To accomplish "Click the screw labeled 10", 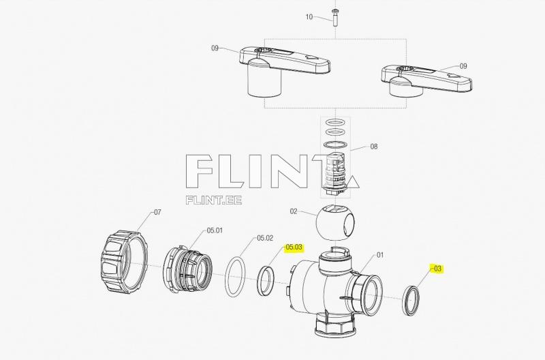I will pyautogui.click(x=334, y=17).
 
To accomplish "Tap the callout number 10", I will pyautogui.click(x=309, y=17).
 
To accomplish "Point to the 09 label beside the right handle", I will pyautogui.click(x=463, y=66).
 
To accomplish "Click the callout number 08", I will pyautogui.click(x=373, y=147).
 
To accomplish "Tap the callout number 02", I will pyautogui.click(x=294, y=212).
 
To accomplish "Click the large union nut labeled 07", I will pyautogui.click(x=126, y=261).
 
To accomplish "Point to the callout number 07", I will pyautogui.click(x=157, y=213).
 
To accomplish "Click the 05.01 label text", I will pyautogui.click(x=214, y=230).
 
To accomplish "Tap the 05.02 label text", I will pyautogui.click(x=264, y=239).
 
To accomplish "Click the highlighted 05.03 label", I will pyautogui.click(x=294, y=247).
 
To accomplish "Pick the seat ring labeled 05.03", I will pyautogui.click(x=266, y=281).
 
